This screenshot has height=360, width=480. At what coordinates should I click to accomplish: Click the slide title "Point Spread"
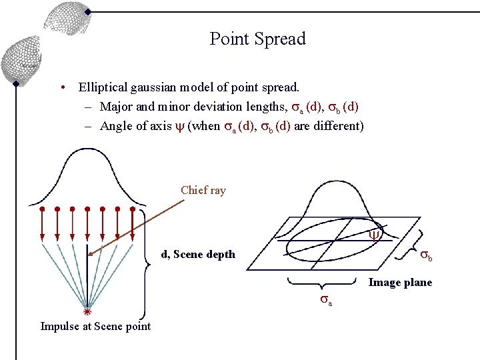pyautogui.click(x=257, y=39)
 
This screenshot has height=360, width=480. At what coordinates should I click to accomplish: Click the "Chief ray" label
pyautogui.click(x=203, y=190)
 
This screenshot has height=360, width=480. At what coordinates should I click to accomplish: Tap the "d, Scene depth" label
pyautogui.click(x=198, y=254)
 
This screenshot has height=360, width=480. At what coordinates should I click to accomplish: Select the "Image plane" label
pyautogui.click(x=400, y=283)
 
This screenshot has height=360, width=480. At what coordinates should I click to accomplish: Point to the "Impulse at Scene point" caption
pyautogui.click(x=95, y=326)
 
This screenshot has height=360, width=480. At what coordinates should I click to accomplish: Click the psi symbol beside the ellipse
pyautogui.click(x=374, y=235)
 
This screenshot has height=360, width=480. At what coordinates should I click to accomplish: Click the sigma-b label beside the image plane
pyautogui.click(x=427, y=257)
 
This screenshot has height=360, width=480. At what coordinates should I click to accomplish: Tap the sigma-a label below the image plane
pyautogui.click(x=326, y=300)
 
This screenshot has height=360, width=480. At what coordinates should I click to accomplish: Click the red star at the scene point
pyautogui.click(x=87, y=311)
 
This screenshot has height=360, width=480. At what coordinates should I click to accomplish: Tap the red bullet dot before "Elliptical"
pyautogui.click(x=61, y=88)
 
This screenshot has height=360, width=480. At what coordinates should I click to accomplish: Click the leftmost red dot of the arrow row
pyautogui.click(x=42, y=209)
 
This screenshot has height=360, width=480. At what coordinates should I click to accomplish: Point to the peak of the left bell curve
pyautogui.click(x=87, y=150)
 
